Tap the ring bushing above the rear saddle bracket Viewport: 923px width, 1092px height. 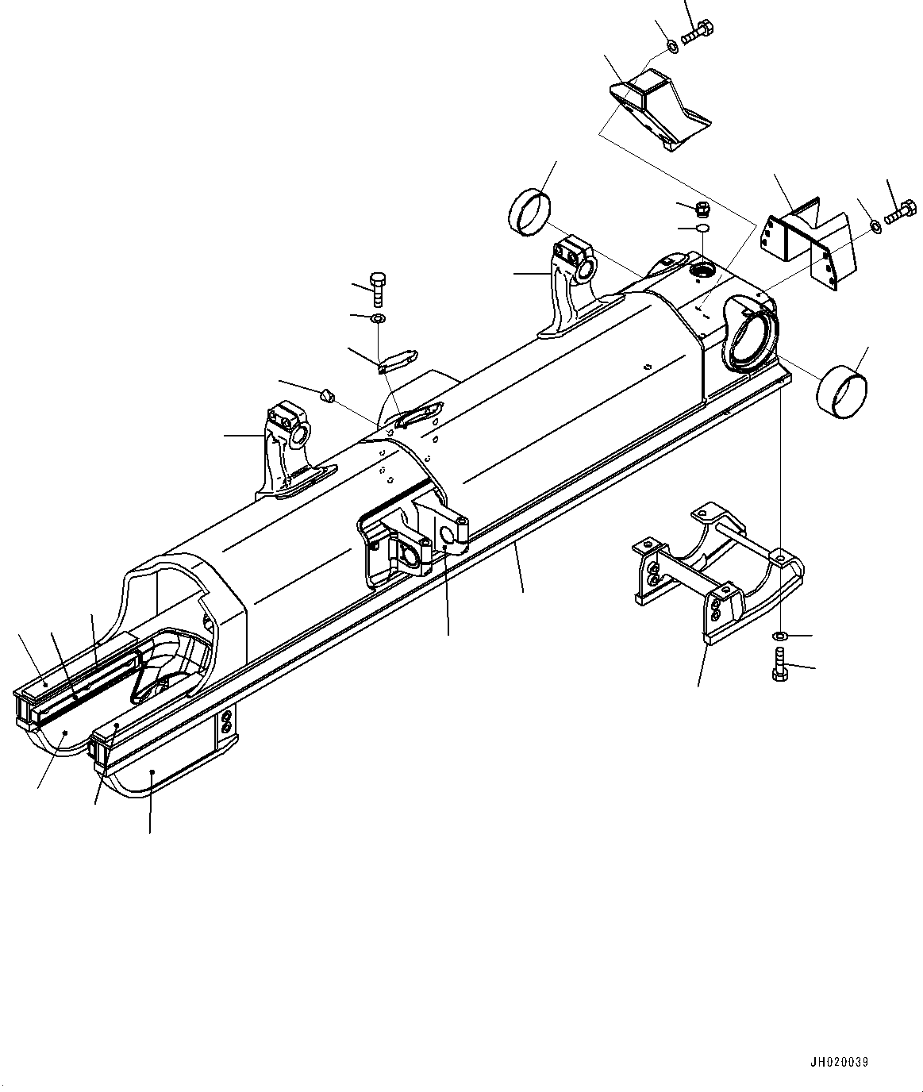525,212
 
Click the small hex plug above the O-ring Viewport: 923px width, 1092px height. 702,210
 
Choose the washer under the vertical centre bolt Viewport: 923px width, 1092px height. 378,318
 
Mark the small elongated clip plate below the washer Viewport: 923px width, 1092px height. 394,360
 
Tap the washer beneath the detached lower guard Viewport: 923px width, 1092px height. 780,636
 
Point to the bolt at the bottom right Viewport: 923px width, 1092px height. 779,664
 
